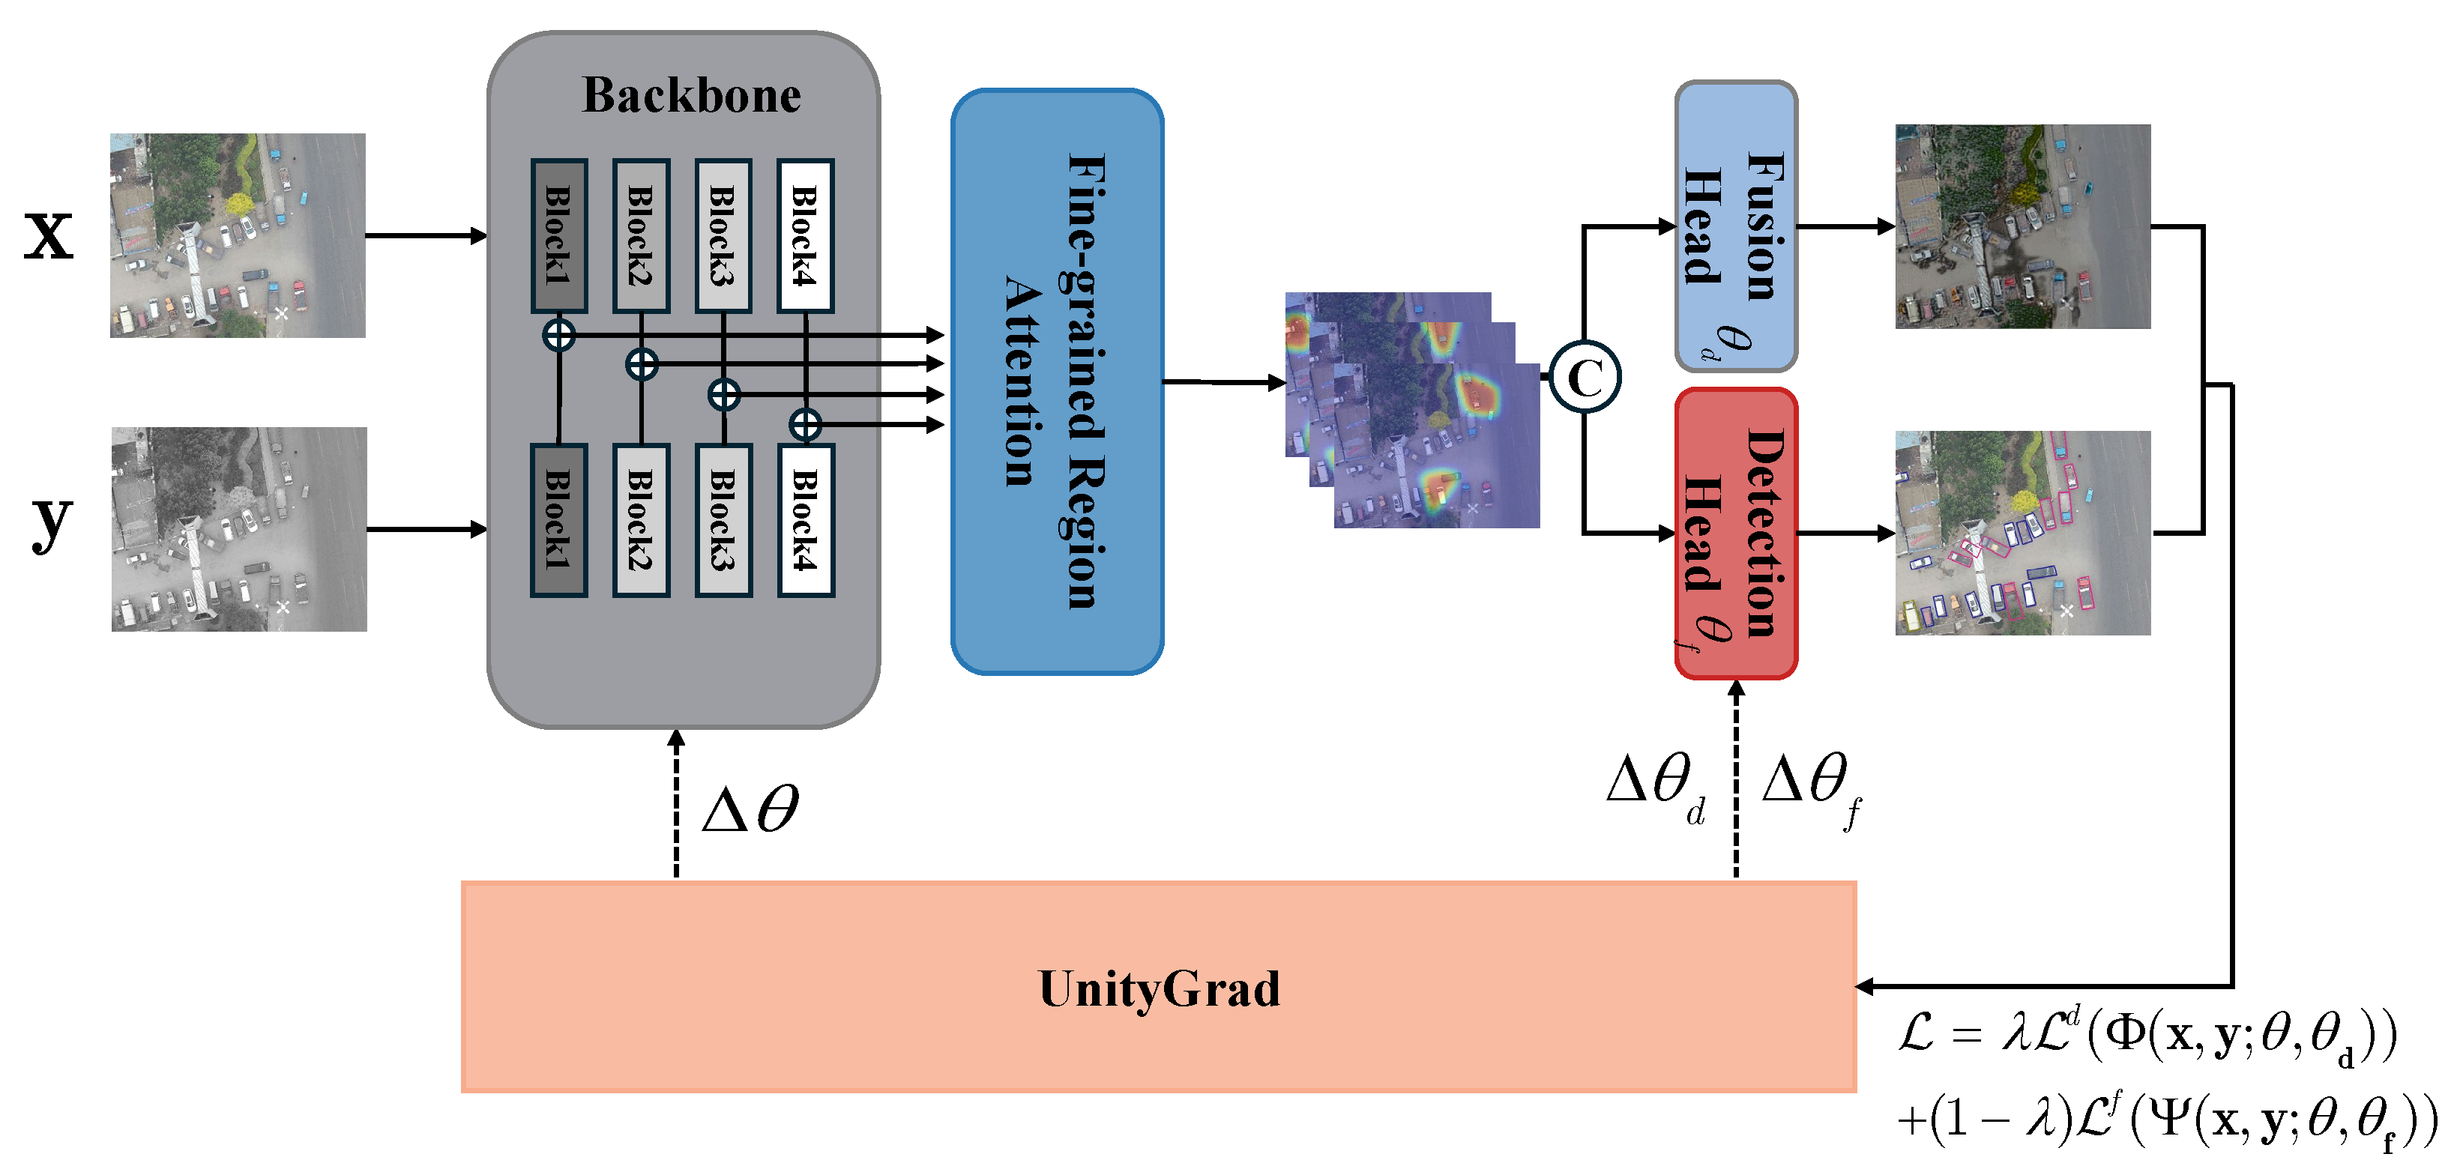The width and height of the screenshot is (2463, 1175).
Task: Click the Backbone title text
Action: coord(691,96)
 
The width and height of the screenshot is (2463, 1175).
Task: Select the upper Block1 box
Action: coord(558,235)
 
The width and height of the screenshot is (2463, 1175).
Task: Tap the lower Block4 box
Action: coord(806,520)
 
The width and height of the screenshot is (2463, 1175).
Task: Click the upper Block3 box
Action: coord(723,235)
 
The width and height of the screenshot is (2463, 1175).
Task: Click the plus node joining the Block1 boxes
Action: coord(558,336)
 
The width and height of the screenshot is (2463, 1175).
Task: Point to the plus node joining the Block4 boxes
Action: coord(806,424)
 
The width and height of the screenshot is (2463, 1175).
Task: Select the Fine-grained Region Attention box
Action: coord(1057,381)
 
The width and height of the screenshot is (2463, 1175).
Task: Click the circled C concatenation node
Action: coord(1585,378)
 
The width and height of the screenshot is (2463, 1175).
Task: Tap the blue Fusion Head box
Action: coord(1735,226)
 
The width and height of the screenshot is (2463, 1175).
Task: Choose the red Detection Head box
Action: coord(1735,534)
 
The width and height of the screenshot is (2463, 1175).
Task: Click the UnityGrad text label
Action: coord(1159,988)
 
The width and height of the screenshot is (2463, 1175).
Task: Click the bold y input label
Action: coord(51,521)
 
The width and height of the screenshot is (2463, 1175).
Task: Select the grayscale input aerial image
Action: coord(239,529)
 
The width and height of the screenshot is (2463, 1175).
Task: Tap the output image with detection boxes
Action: coord(2022,533)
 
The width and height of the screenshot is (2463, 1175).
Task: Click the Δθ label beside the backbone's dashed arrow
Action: coord(750,810)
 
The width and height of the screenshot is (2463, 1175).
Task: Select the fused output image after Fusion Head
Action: coord(2022,226)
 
